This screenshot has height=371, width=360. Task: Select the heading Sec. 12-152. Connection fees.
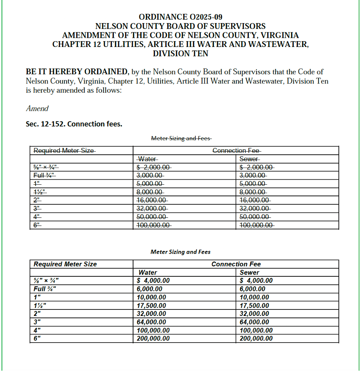pos(74,124)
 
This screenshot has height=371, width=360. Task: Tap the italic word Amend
pos(37,109)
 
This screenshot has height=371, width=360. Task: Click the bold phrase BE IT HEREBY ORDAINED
pos(77,72)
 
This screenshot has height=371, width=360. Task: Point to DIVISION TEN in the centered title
pos(180,53)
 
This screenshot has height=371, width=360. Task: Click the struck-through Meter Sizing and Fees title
pos(181,138)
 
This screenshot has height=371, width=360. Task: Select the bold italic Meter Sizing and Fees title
pos(180,252)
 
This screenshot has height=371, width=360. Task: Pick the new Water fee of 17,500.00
pos(152,306)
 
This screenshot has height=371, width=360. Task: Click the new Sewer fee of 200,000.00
pos(256,339)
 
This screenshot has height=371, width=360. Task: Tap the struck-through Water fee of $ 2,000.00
pos(154,167)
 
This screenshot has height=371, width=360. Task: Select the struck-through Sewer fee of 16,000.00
pos(255,200)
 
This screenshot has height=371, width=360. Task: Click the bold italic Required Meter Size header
pos(65,264)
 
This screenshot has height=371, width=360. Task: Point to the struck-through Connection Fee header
pos(236,150)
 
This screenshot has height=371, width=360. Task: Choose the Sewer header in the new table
pos(249,272)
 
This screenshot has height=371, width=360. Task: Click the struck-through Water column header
pos(147,159)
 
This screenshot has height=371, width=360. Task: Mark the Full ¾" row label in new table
pos(45,289)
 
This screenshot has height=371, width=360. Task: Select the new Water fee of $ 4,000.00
pos(153,281)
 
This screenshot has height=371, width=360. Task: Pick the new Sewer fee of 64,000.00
pos(254,322)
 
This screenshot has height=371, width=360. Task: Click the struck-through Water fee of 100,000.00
pos(154,225)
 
